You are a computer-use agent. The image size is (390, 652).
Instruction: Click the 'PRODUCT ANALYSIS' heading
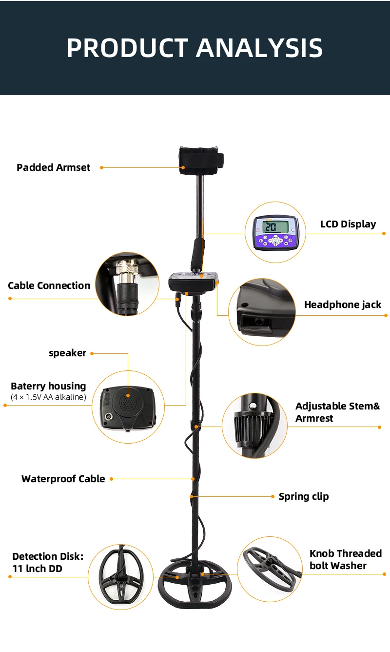tap(195, 48)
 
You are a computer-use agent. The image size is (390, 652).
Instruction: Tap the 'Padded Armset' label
tap(54, 167)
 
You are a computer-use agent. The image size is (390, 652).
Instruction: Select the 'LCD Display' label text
tap(348, 224)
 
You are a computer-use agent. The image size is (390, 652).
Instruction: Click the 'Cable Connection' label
tap(49, 285)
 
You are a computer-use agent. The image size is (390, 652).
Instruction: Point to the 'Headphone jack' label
tap(342, 305)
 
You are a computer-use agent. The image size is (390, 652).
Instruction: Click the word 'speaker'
tap(67, 353)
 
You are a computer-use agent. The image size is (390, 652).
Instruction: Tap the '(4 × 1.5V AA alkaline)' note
tap(48, 397)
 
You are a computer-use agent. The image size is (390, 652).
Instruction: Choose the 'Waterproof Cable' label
tap(63, 479)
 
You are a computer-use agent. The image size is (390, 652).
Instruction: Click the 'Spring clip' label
tap(304, 496)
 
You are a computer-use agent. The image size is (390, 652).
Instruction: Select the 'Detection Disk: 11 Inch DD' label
tap(48, 562)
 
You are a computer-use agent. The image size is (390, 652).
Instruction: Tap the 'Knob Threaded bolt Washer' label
tap(345, 559)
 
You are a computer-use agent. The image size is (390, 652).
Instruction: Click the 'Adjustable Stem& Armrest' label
tap(337, 412)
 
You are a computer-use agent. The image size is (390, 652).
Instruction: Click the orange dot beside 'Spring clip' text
tap(273, 496)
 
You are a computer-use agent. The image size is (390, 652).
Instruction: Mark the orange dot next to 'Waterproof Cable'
tap(111, 479)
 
